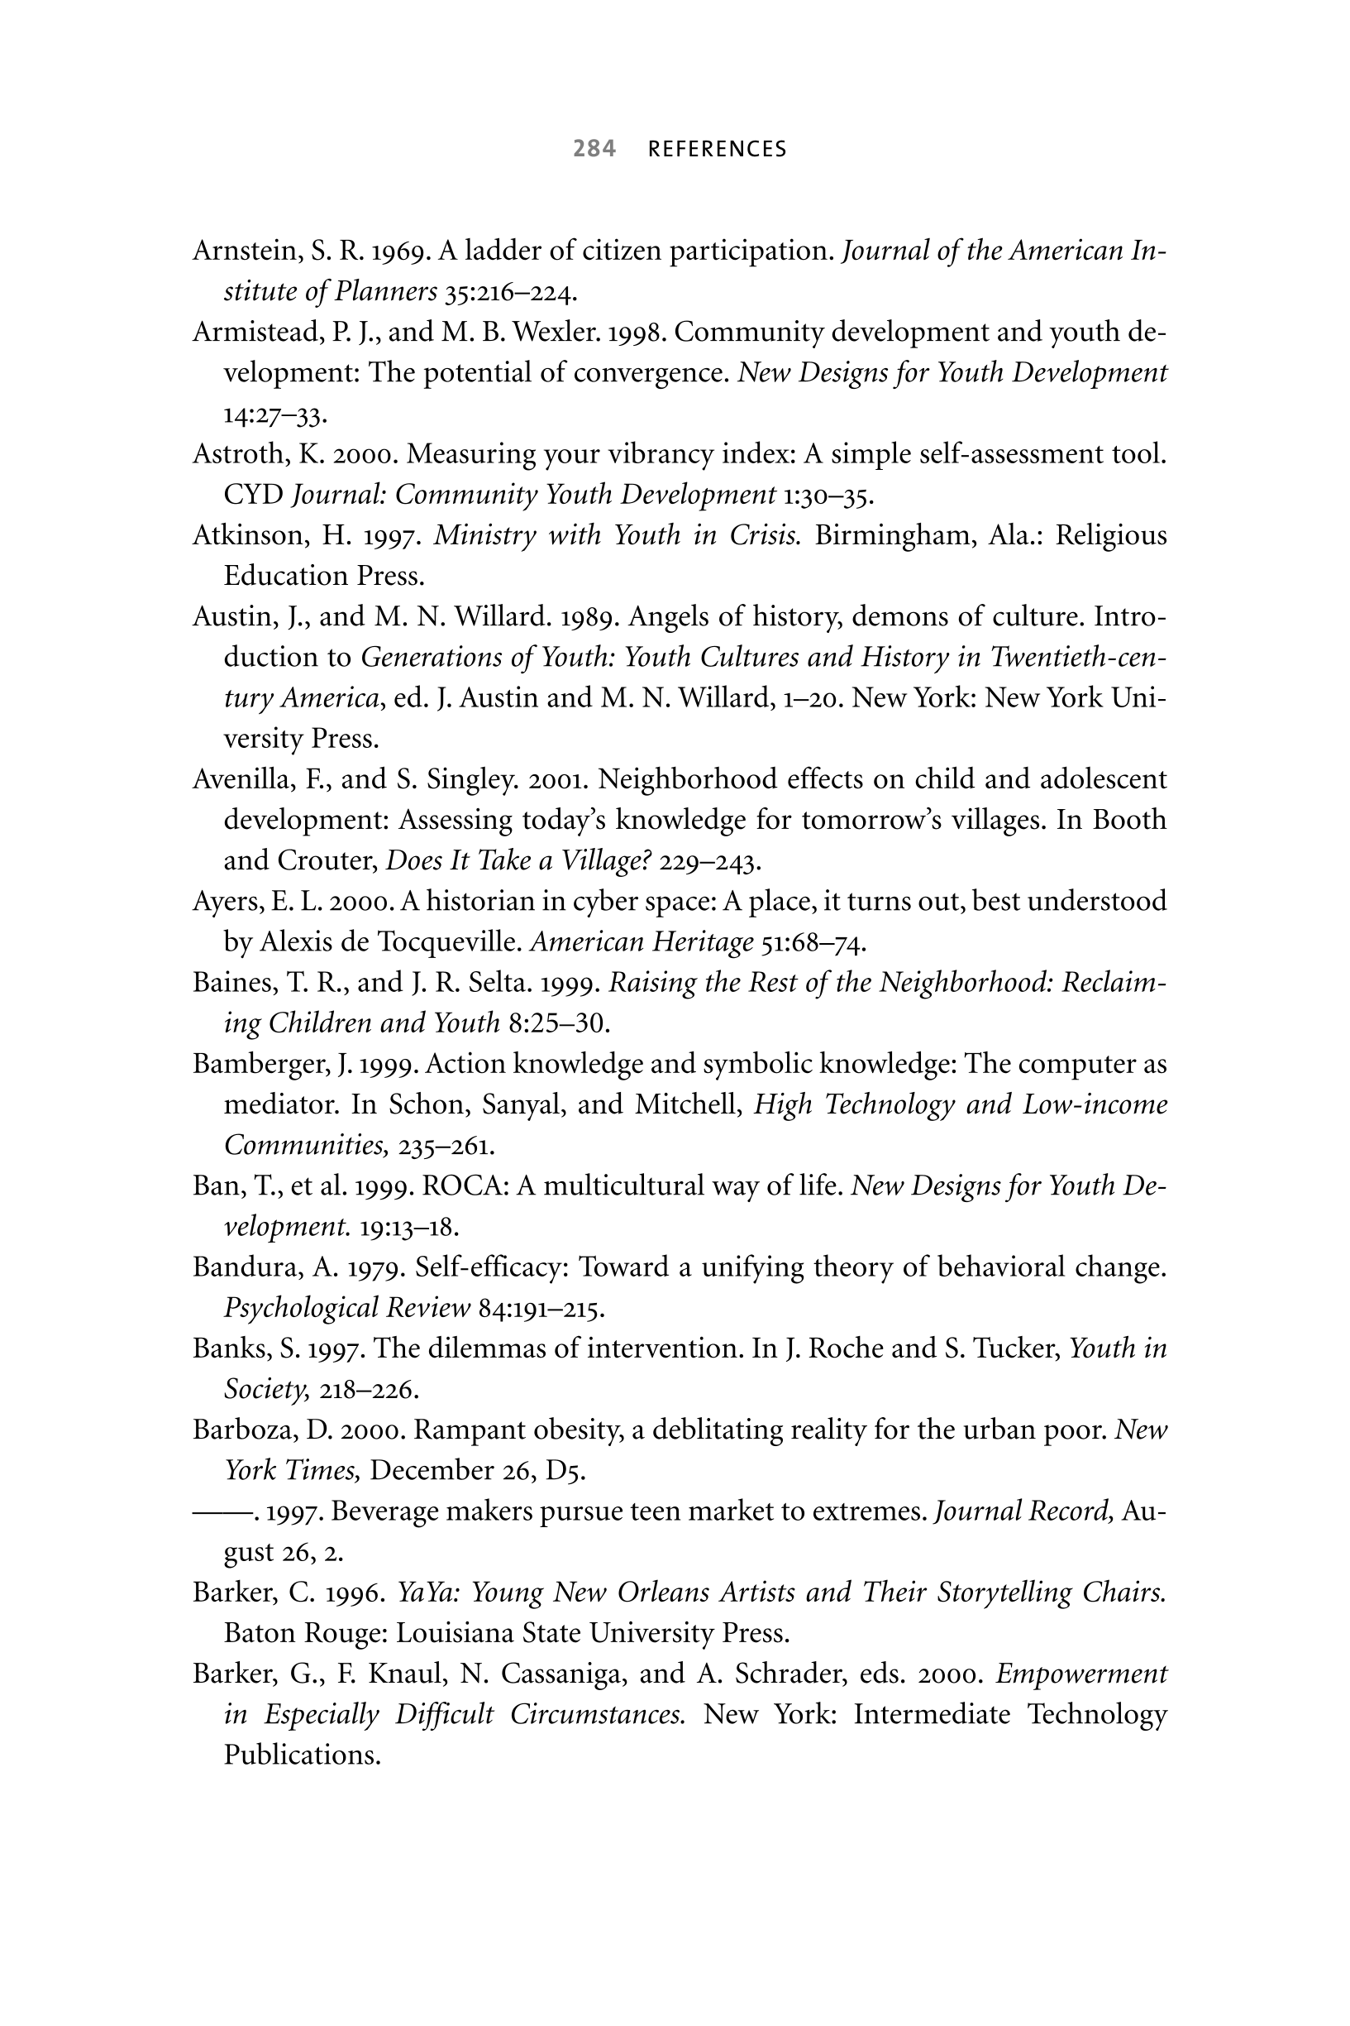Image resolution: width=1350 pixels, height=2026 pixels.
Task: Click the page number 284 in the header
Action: click(594, 149)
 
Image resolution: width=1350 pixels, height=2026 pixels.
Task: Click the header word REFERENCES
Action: click(718, 150)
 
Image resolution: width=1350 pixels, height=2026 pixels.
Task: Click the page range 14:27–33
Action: click(274, 414)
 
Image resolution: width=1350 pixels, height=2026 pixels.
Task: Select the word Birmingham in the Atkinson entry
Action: click(894, 535)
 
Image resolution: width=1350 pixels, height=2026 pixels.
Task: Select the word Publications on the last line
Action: click(302, 1755)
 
